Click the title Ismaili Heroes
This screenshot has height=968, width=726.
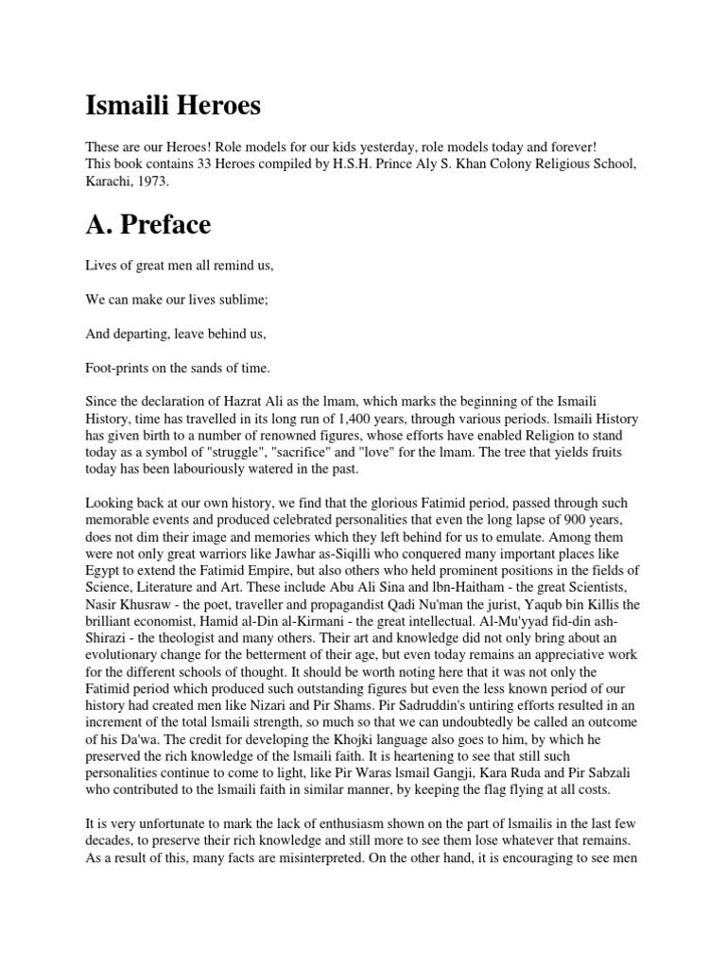coord(173,105)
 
